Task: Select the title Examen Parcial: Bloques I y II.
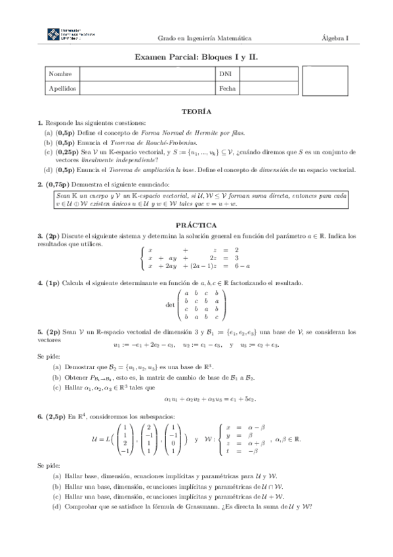pyautogui.click(x=196, y=57)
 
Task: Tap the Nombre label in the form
pyautogui.click(x=60, y=74)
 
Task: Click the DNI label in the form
pyautogui.click(x=225, y=74)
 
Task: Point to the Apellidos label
pyautogui.click(x=62, y=87)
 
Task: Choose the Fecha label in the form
pyautogui.click(x=228, y=87)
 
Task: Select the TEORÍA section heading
pyautogui.click(x=196, y=112)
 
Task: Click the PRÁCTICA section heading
pyautogui.click(x=196, y=224)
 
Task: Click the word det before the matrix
pyautogui.click(x=171, y=305)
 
